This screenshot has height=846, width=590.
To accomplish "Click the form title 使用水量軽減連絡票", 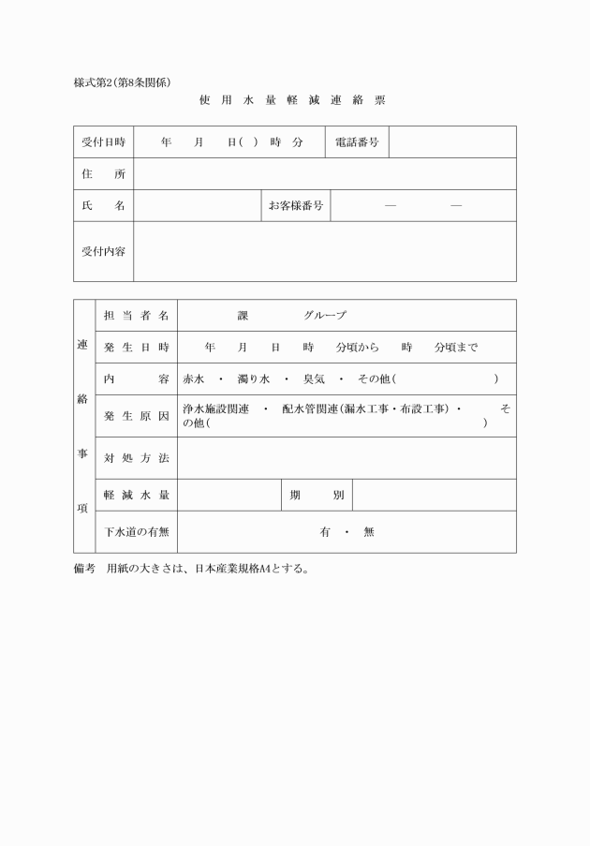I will tap(292, 100).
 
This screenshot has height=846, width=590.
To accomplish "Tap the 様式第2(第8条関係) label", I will tap(122, 82).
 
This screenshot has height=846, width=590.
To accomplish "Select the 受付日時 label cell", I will tap(103, 142).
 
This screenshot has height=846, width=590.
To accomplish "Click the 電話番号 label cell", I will tap(357, 142).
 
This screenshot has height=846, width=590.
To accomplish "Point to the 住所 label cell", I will tap(103, 174).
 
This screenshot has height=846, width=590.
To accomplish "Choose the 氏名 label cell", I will tap(103, 206).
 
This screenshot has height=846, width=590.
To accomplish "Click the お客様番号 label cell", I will tap(296, 206).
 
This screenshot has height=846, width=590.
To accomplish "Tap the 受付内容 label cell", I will tap(103, 251).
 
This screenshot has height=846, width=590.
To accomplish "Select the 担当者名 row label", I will tap(136, 316).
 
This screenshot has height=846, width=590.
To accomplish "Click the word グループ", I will tap(324, 316).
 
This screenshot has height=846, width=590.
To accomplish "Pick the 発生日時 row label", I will tap(136, 348).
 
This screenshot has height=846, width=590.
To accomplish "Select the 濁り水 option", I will tap(252, 379).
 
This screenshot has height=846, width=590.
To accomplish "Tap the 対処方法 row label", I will tap(136, 458).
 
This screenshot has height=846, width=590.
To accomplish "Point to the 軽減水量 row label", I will tap(136, 495).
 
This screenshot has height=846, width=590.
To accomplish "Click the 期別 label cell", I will tap(317, 495).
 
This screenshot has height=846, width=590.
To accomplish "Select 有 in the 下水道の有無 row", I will tap(325, 532).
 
